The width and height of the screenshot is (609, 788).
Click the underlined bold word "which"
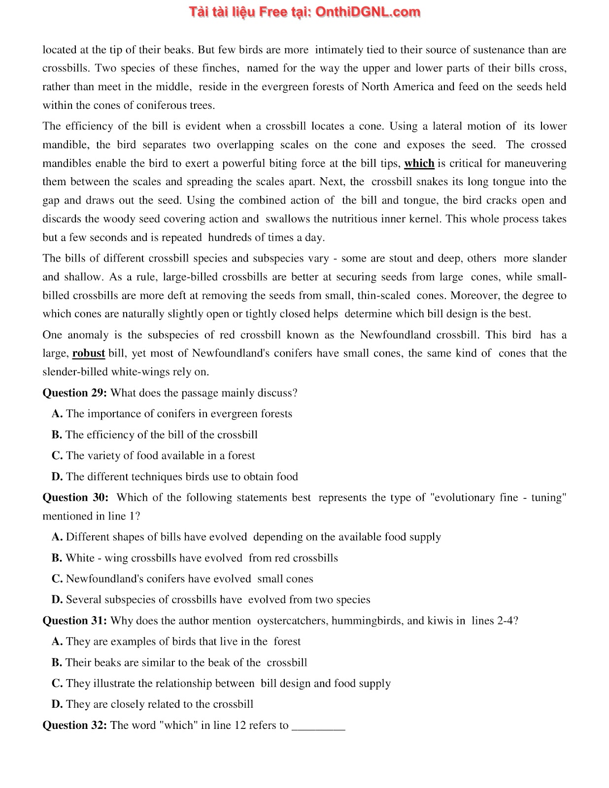tap(419, 163)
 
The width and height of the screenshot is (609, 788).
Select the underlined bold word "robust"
tap(89, 353)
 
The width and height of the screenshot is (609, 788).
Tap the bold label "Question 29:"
tap(75, 393)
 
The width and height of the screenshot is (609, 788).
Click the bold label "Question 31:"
tap(75, 621)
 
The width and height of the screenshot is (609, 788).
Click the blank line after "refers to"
tap(318, 726)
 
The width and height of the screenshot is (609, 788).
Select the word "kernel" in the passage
tap(424, 219)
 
